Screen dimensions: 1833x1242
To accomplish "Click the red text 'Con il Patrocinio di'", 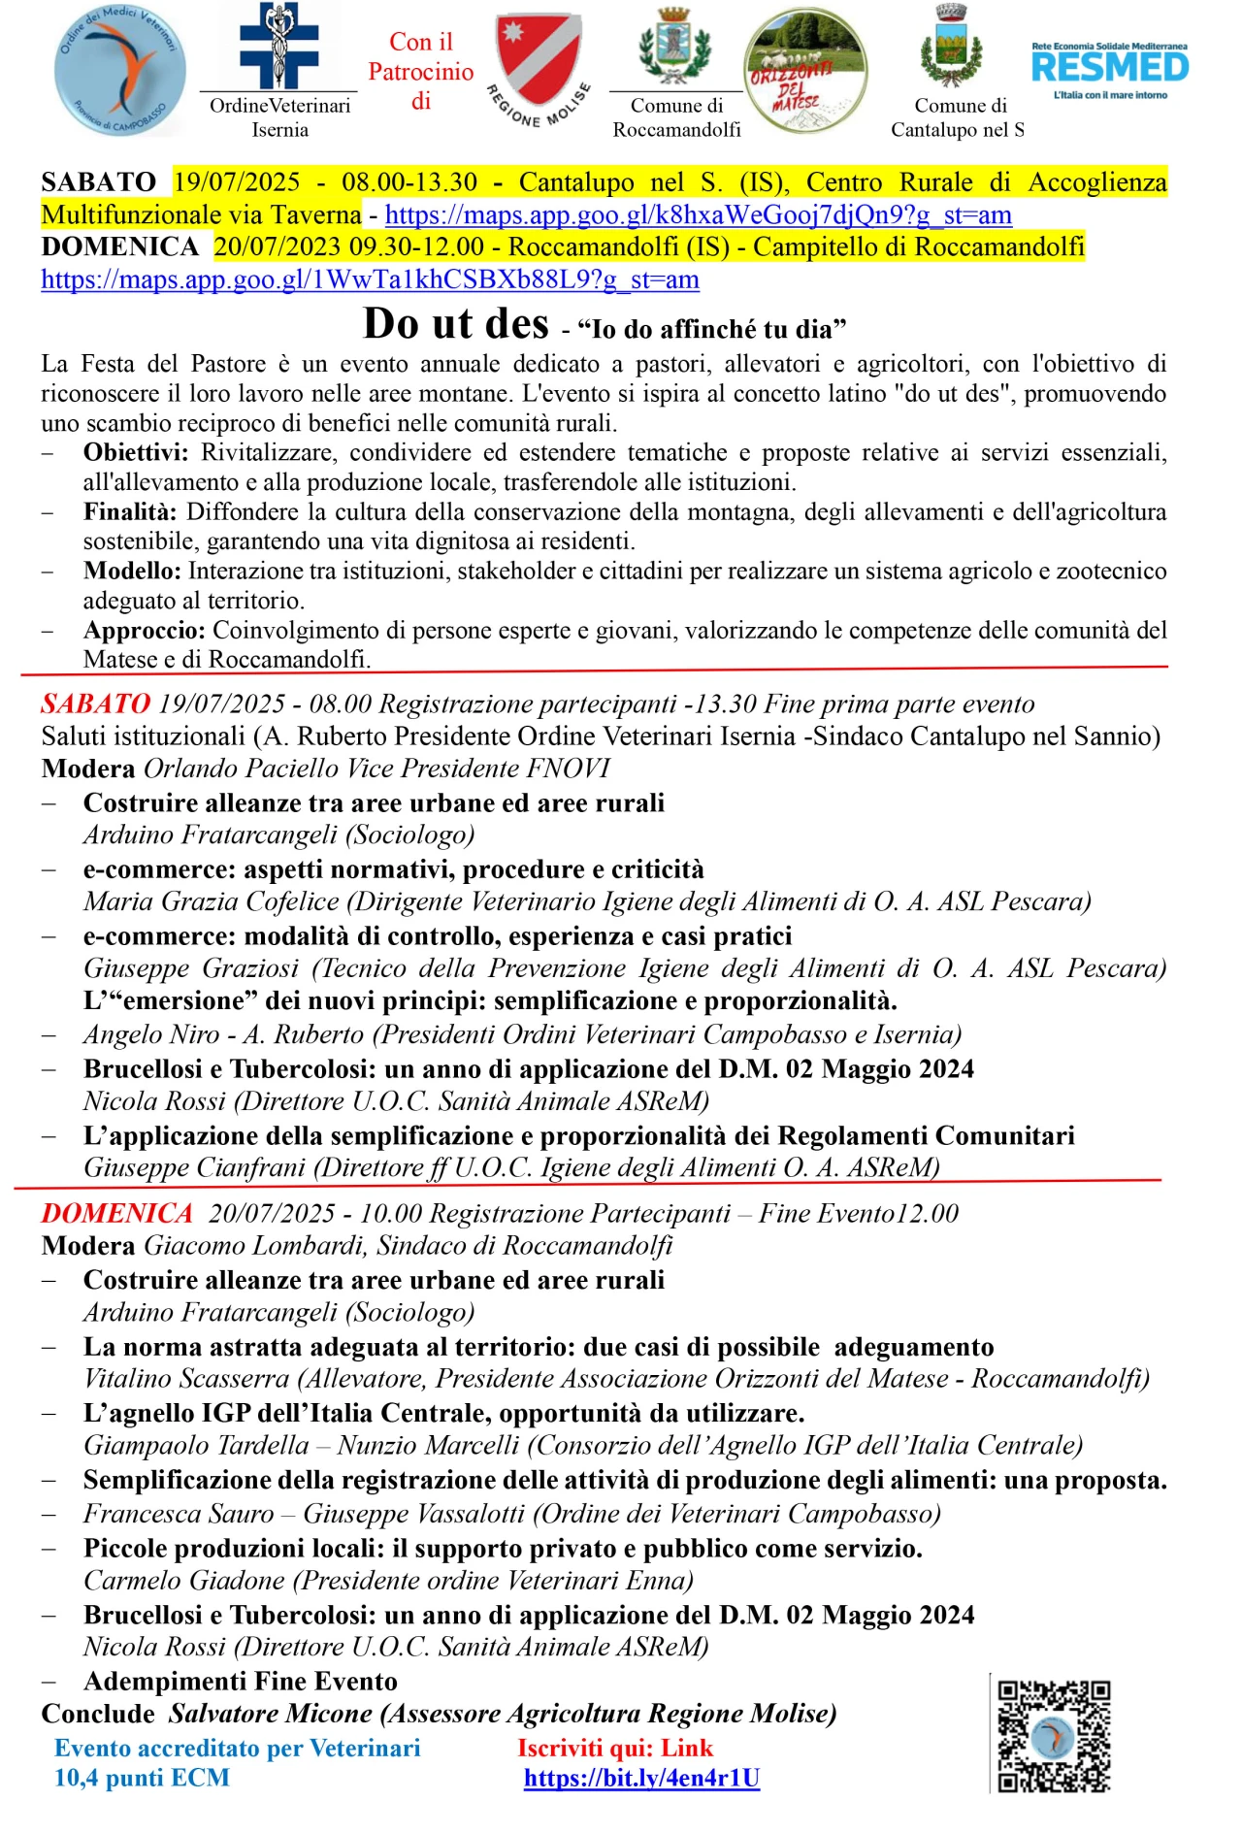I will click(x=421, y=72).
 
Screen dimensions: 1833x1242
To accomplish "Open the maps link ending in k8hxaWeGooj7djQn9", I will click(x=698, y=214).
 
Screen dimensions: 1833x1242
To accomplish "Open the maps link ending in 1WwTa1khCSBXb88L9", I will click(x=370, y=279).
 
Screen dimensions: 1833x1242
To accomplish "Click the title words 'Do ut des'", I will click(x=455, y=324).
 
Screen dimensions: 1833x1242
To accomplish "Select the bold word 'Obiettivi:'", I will click(x=139, y=453).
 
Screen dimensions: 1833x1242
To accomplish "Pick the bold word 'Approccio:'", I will click(x=144, y=631).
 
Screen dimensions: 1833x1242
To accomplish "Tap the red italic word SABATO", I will click(x=95, y=704).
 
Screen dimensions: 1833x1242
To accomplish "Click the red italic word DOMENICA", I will click(x=116, y=1213).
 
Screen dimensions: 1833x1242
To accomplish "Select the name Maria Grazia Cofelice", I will click(x=211, y=901).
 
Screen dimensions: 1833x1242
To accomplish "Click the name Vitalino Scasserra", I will click(x=186, y=1379).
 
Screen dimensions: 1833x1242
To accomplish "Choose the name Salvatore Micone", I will click(x=271, y=1714).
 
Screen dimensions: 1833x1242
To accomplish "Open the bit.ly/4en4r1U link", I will click(x=641, y=1778).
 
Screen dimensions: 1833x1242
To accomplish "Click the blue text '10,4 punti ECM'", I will click(x=142, y=1778).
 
